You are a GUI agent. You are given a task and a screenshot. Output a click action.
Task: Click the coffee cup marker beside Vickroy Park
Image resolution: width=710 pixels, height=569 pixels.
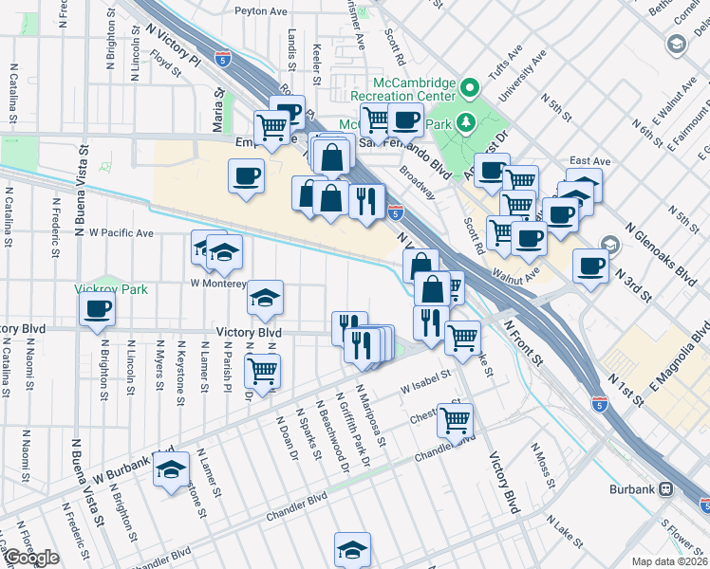point(97,308)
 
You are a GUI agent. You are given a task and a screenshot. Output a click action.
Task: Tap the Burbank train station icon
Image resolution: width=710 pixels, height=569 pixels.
point(666,489)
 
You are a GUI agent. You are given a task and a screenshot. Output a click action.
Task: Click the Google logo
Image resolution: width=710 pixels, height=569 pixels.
point(31,558)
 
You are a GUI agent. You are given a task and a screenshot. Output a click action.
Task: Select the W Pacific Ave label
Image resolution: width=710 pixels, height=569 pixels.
point(121,232)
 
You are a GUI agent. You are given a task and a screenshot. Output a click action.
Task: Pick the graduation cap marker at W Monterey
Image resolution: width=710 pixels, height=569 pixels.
point(266,298)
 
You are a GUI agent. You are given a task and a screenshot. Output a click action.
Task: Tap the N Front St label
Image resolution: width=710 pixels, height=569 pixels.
point(523,342)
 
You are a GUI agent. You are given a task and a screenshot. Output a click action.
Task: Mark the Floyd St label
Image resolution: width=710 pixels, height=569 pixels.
point(164,66)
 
